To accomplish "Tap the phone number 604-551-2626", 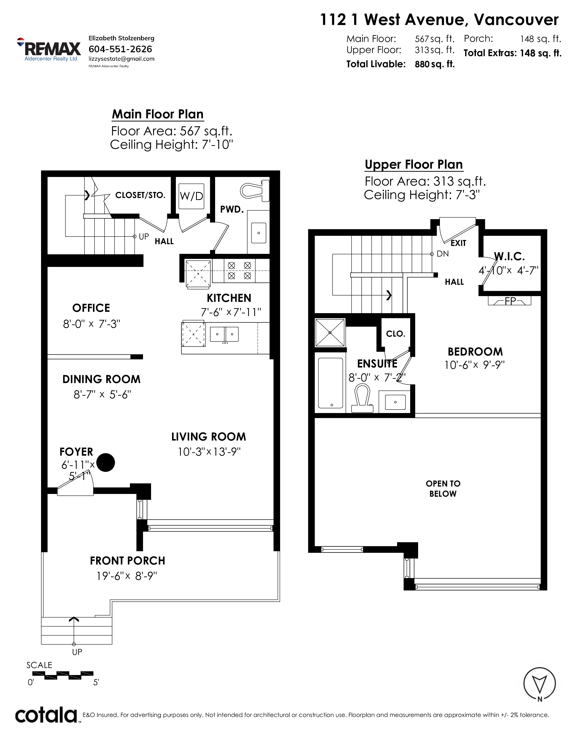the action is (x=120, y=49).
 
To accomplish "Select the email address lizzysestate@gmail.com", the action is (x=121, y=59).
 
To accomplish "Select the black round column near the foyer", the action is (x=106, y=462).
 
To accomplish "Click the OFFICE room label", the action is (x=91, y=308).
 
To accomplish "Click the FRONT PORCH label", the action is (x=127, y=560).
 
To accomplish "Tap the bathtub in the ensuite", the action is (x=330, y=383).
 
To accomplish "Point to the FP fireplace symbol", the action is (x=510, y=301).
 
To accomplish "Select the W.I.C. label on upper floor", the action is (x=509, y=256).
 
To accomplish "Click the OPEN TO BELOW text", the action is (x=443, y=489).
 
